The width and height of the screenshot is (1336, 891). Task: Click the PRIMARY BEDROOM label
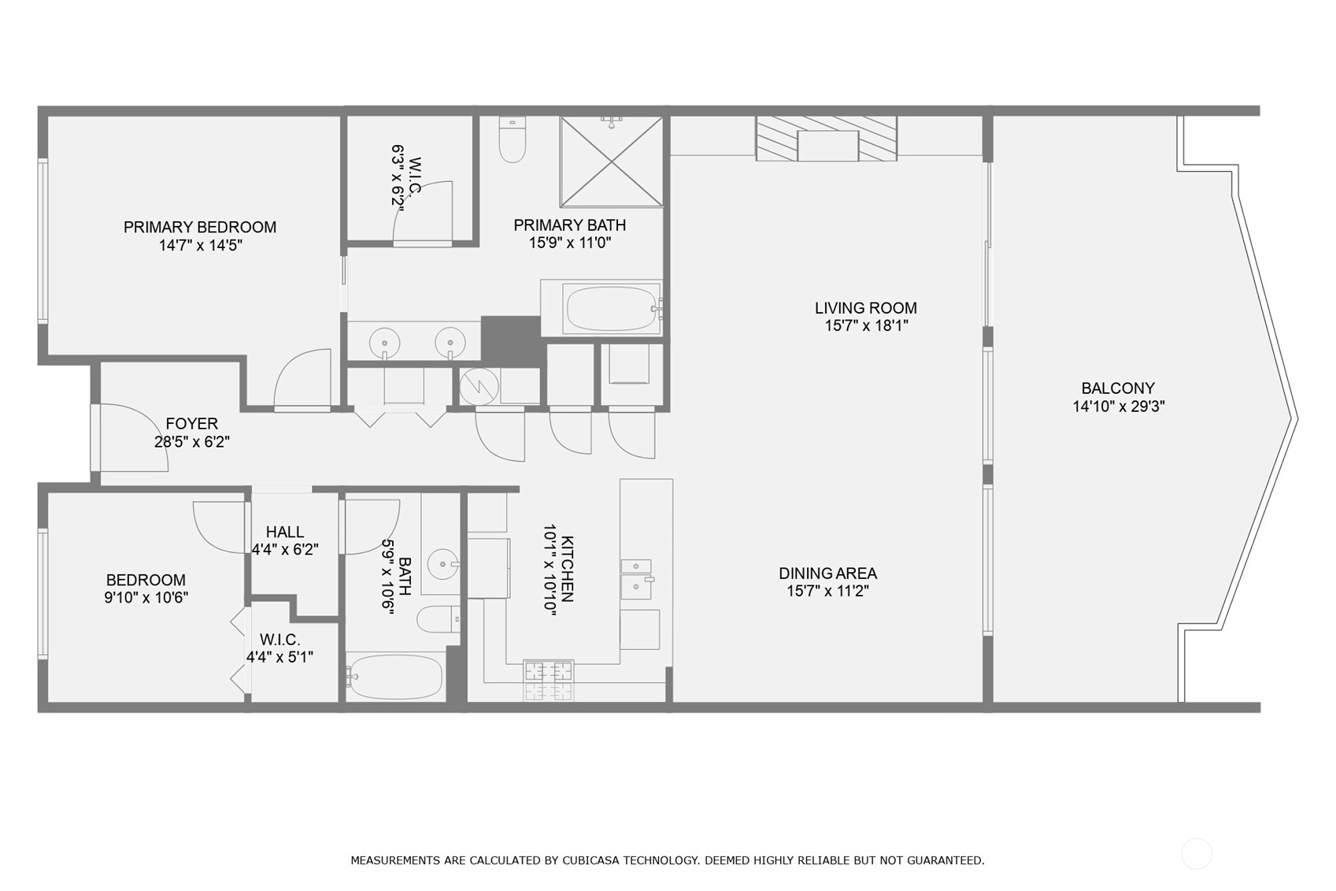(200, 227)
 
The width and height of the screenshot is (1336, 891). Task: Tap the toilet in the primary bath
(513, 139)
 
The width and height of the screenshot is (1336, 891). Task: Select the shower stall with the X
(612, 161)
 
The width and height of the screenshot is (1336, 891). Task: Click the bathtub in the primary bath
(612, 309)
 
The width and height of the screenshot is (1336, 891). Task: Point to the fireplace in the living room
(827, 139)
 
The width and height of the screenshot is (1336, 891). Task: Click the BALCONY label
(1118, 388)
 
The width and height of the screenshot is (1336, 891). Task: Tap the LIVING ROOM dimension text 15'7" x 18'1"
(866, 326)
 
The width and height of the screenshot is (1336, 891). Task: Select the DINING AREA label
(828, 574)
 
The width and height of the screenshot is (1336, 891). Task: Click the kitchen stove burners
(548, 680)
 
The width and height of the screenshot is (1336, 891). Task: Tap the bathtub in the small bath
(395, 678)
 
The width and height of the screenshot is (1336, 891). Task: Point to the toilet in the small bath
(439, 619)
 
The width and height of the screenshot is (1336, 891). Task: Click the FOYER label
(191, 424)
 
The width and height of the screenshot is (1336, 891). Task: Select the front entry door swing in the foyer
(131, 437)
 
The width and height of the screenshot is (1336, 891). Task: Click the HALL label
(284, 532)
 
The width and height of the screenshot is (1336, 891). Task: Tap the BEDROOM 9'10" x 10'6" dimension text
(146, 598)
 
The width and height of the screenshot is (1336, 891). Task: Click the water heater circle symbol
(479, 388)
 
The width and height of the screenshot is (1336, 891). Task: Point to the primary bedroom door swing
(302, 378)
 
